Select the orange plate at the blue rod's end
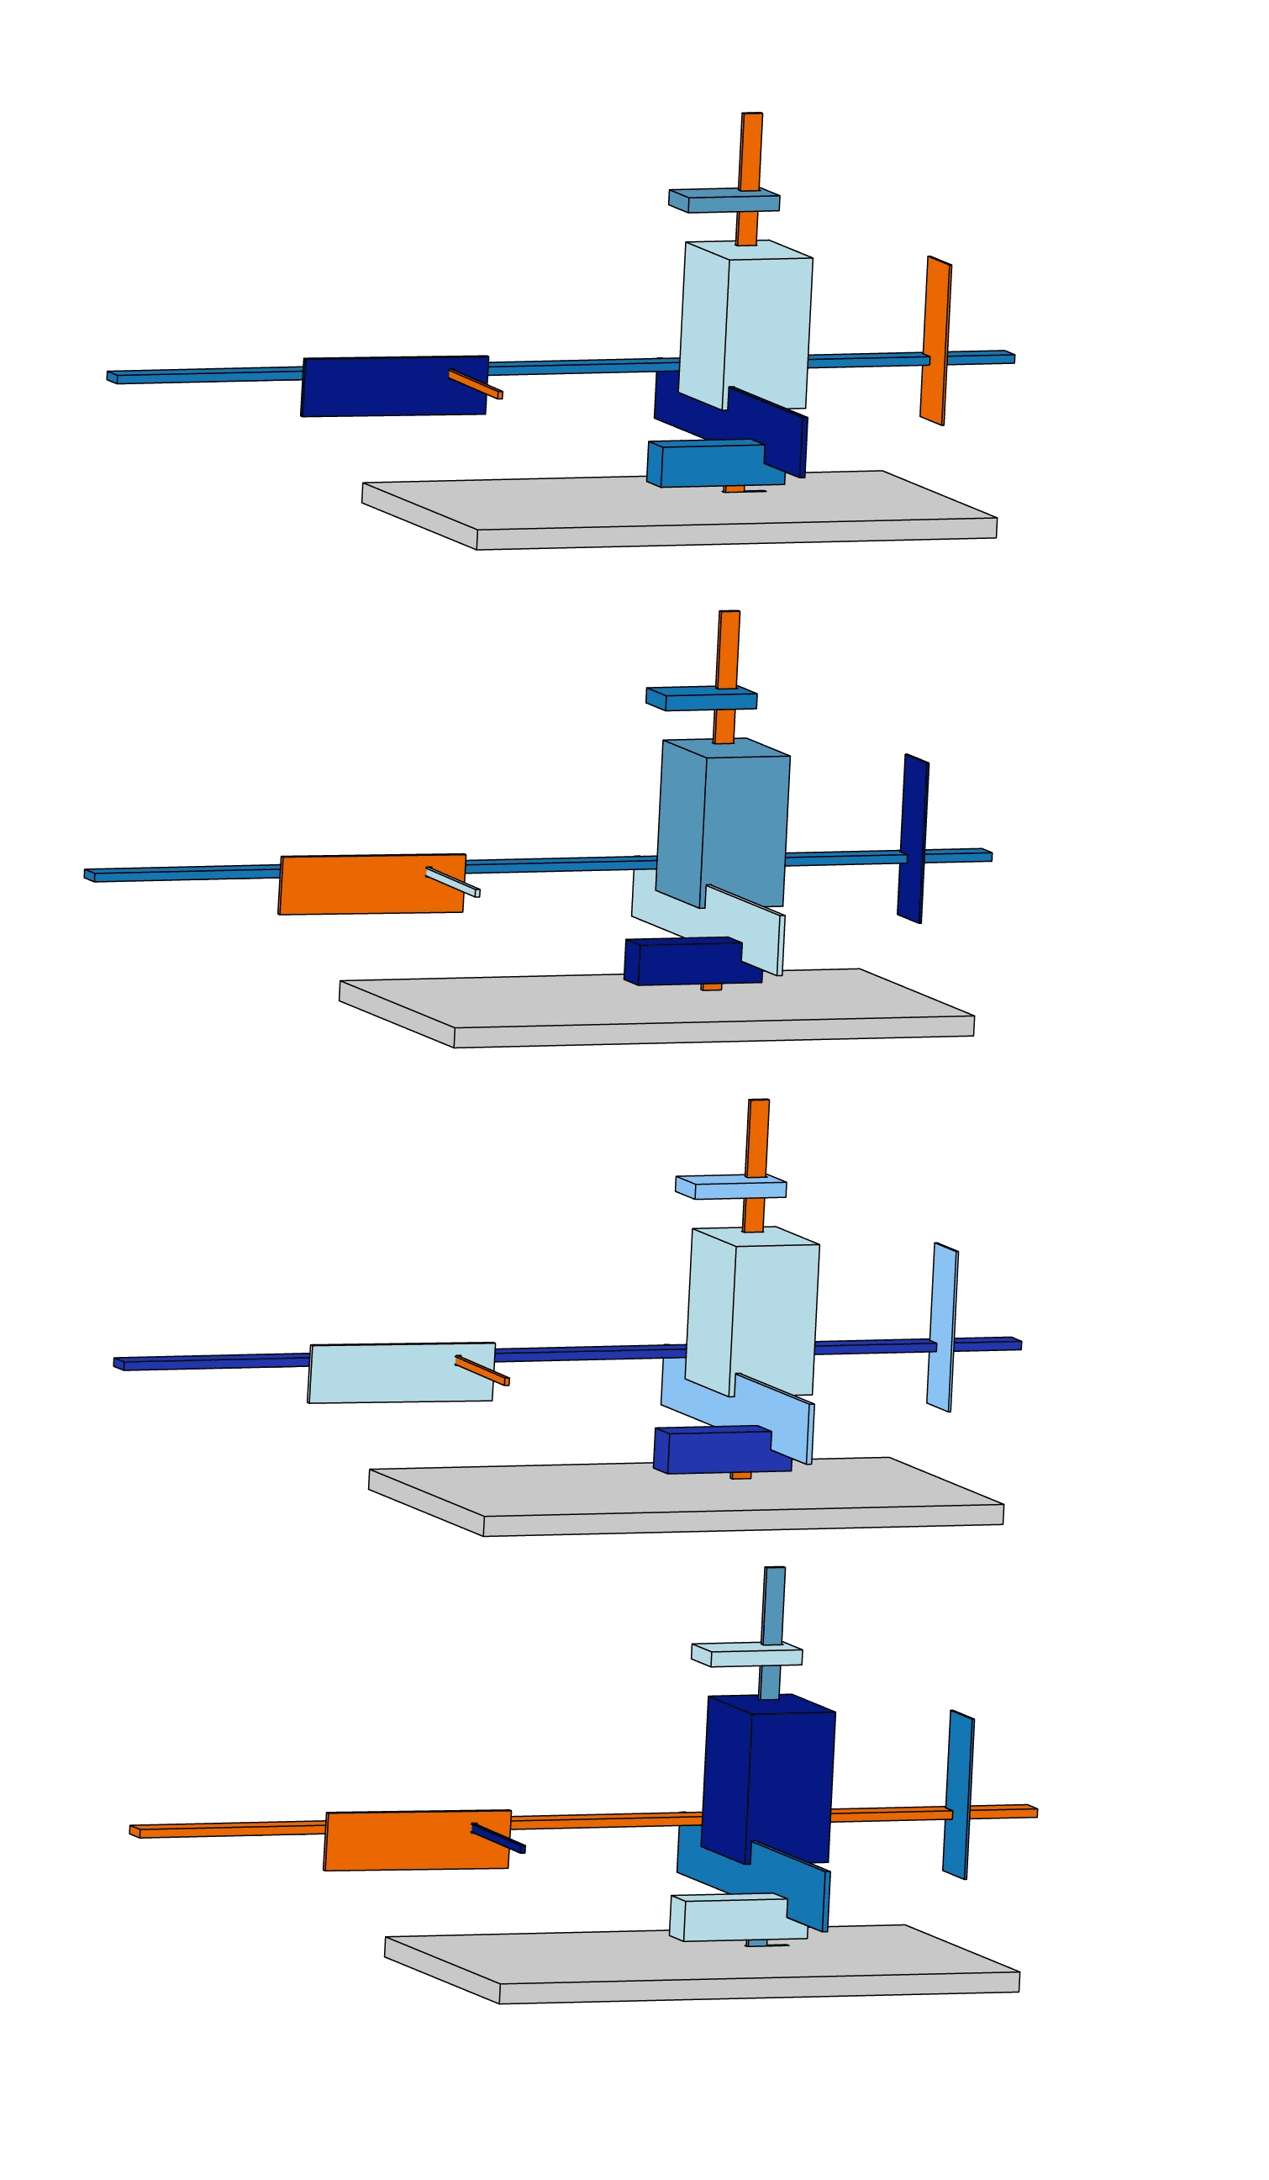pyautogui.click(x=935, y=339)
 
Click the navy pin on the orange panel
pyautogui.click(x=498, y=1840)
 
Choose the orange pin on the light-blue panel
pyautogui.click(x=482, y=1370)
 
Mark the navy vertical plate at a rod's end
pyautogui.click(x=912, y=837)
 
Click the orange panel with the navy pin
pyautogui.click(x=407, y=1841)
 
